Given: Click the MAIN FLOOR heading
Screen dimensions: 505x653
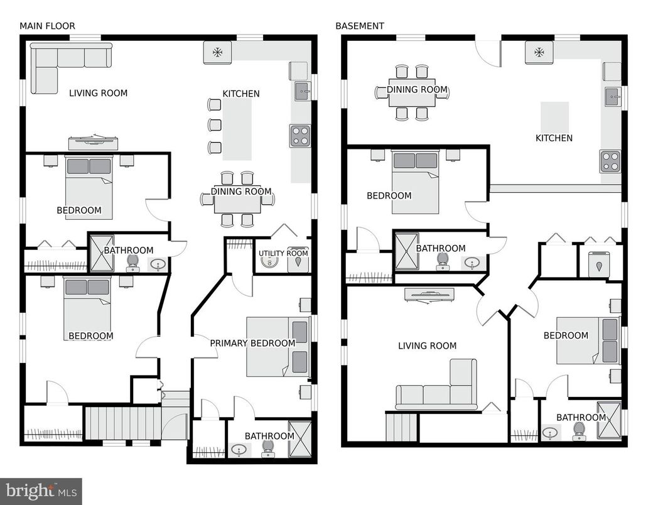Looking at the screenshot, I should click(x=47, y=26).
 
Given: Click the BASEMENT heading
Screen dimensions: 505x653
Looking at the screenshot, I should click(x=360, y=26).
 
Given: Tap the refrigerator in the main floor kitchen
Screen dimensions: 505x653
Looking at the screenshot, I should click(x=217, y=52).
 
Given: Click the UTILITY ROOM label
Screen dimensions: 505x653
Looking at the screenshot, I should click(x=283, y=254).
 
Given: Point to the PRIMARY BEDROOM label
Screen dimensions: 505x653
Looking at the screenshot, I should click(x=252, y=343).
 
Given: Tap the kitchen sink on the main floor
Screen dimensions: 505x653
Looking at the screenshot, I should click(x=302, y=91).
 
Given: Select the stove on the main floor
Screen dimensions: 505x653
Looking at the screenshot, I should click(x=300, y=136).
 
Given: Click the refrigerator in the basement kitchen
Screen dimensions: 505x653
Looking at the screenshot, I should click(x=539, y=52).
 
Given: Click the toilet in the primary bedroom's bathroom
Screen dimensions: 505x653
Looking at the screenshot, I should click(x=268, y=448).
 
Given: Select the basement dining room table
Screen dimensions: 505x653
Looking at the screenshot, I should click(x=411, y=92).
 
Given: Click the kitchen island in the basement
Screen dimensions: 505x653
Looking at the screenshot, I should click(x=555, y=117).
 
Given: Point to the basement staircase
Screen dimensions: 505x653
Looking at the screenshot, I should click(x=401, y=427).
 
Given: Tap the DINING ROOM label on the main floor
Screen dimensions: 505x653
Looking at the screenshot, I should click(x=241, y=192).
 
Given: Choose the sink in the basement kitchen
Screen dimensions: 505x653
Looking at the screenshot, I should click(x=613, y=97).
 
